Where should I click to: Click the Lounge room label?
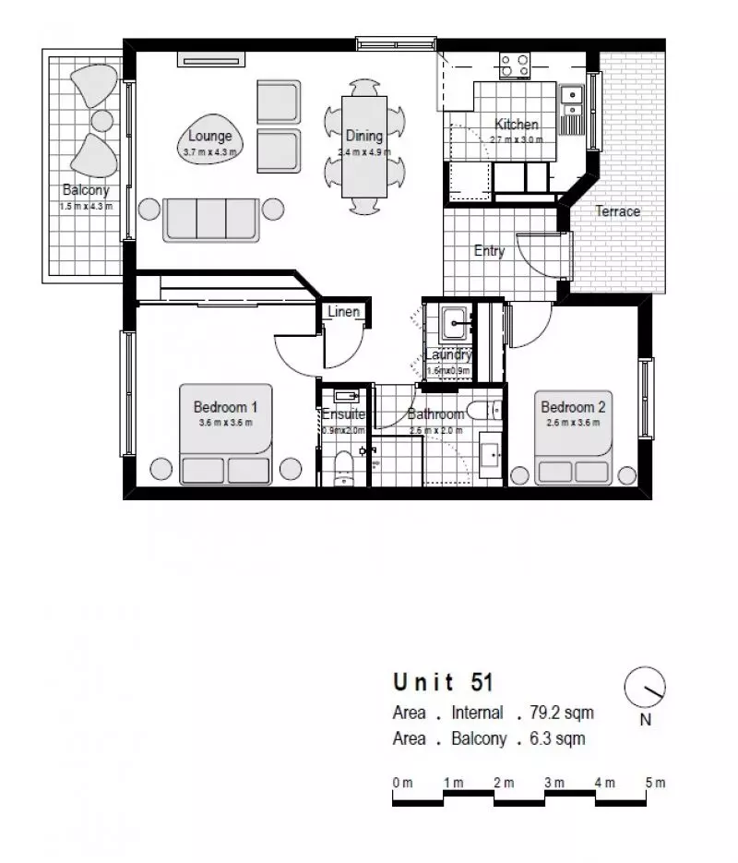pyautogui.click(x=209, y=137)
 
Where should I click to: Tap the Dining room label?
pyautogui.click(x=363, y=136)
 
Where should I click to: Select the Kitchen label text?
pyautogui.click(x=517, y=125)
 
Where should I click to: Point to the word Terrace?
pyautogui.click(x=617, y=211)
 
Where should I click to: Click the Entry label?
pyautogui.click(x=489, y=250)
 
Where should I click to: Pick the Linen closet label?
pyautogui.click(x=343, y=312)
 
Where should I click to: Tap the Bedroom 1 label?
pyautogui.click(x=225, y=407)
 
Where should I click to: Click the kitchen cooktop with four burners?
pyautogui.click(x=516, y=65)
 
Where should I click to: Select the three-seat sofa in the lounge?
pyautogui.click(x=211, y=219)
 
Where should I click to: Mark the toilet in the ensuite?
pyautogui.click(x=343, y=466)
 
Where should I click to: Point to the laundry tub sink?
pyautogui.click(x=454, y=323)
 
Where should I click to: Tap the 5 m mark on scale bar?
pyautogui.click(x=655, y=783)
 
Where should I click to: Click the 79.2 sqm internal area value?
pyautogui.click(x=562, y=713)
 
